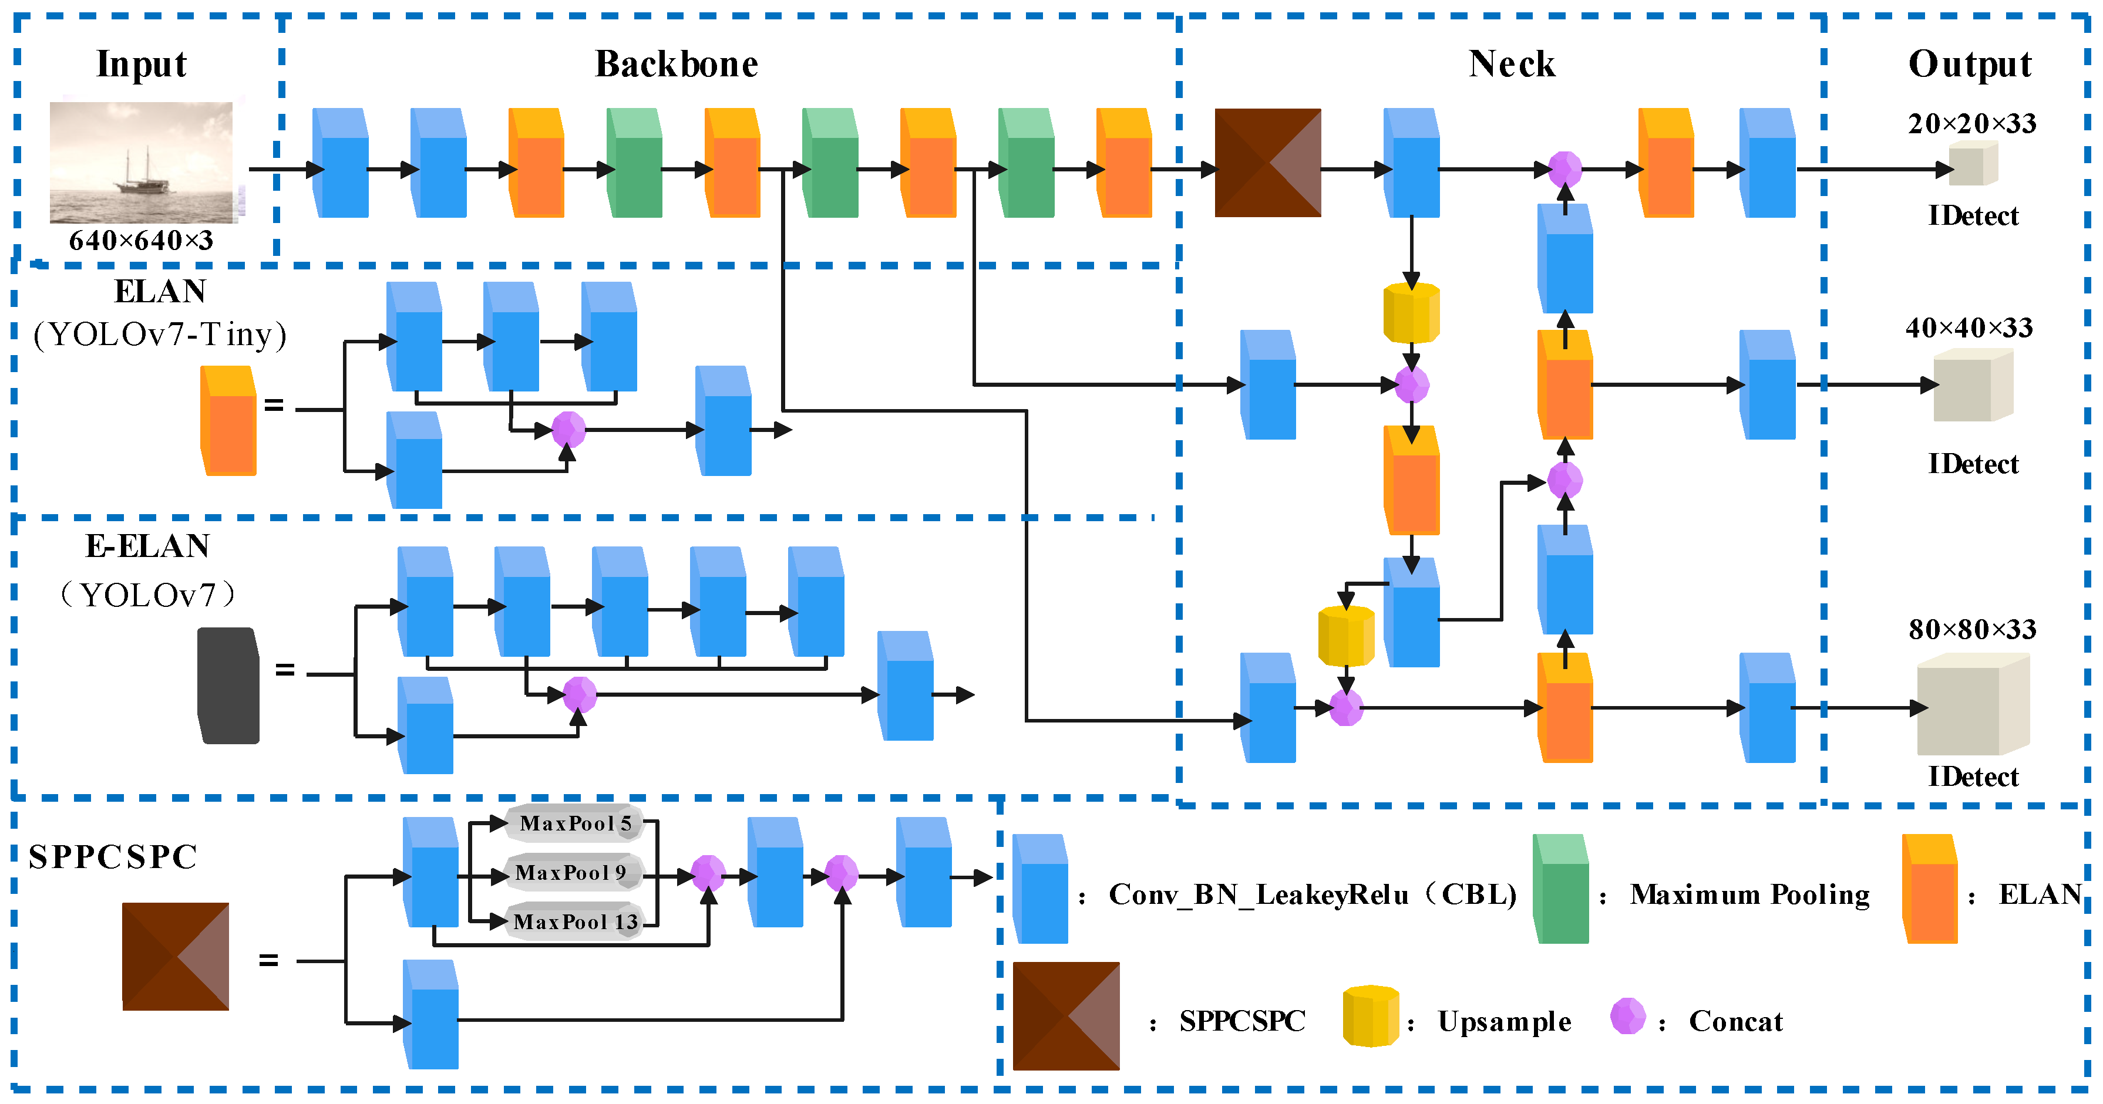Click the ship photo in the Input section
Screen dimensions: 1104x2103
pos(141,163)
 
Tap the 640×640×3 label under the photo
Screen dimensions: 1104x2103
pos(141,241)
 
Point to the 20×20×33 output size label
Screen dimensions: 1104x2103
pos(1971,124)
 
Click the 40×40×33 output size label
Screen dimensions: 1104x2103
pos(1969,328)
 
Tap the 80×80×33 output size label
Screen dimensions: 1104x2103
pos(1971,629)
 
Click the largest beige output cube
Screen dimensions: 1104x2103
pos(1971,707)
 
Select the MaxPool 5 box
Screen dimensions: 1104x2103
pos(575,823)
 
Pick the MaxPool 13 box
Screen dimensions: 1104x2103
pos(575,922)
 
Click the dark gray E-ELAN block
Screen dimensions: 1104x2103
pos(228,686)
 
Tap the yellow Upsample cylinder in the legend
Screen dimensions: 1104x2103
pos(1370,1016)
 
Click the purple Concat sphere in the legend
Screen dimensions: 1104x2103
pos(1627,1016)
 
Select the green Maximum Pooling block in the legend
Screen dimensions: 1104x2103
pos(1560,889)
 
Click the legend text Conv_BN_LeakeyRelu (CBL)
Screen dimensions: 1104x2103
pos(1312,895)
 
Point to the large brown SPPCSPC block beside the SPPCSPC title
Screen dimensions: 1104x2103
pos(176,956)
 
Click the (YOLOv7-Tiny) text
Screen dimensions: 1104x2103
pos(160,335)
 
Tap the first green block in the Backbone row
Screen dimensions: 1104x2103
pos(634,163)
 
